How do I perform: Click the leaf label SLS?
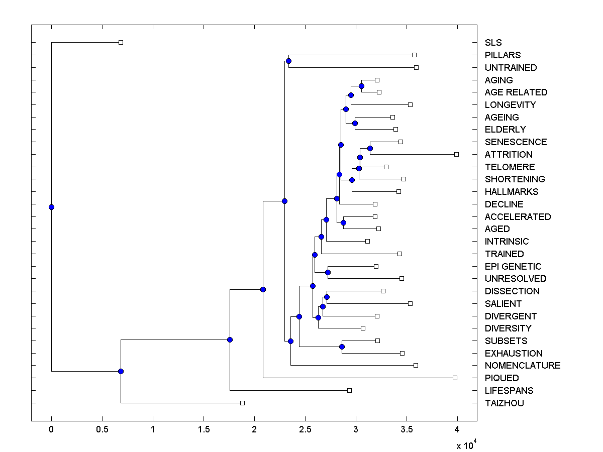click(x=493, y=43)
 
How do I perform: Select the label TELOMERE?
click(x=510, y=167)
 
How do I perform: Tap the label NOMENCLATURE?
click(x=523, y=365)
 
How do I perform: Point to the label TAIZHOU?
click(x=505, y=403)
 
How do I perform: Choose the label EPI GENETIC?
click(x=513, y=266)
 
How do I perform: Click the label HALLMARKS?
click(x=512, y=191)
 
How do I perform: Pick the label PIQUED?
click(x=501, y=378)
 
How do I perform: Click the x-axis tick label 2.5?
click(x=305, y=429)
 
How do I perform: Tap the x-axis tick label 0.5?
click(x=102, y=429)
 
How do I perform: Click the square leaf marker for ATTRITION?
click(x=456, y=154)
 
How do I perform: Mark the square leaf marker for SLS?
click(x=121, y=42)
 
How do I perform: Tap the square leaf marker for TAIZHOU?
click(x=242, y=403)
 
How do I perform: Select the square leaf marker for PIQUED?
click(x=455, y=378)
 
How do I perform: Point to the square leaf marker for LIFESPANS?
click(x=349, y=390)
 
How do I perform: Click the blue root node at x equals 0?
click(x=51, y=207)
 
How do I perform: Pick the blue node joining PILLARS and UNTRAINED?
click(x=288, y=61)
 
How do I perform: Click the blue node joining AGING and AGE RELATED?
click(x=361, y=86)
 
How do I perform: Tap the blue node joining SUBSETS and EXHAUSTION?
click(x=342, y=347)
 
